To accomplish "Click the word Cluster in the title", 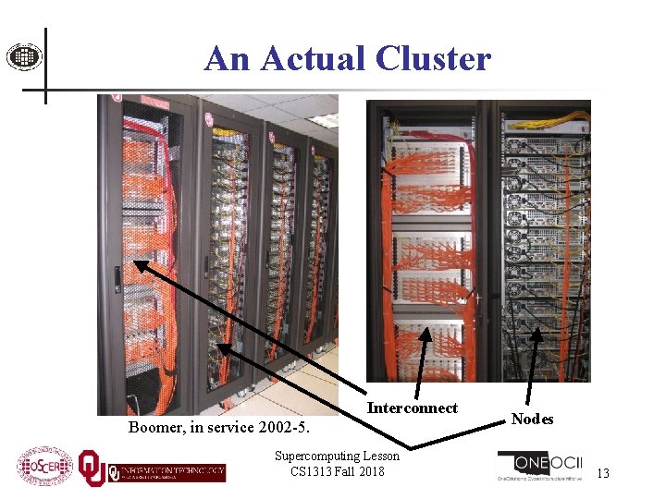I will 434,58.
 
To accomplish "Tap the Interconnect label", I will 412,408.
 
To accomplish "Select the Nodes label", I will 532,419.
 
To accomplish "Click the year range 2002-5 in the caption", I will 282,428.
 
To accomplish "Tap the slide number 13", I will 603,473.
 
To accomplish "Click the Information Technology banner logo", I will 166,472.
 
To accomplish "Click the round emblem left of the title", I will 24,57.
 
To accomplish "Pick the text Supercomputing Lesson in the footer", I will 337,456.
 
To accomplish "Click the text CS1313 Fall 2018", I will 337,471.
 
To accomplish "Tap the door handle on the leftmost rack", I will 117,276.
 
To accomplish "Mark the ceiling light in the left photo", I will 323,119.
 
